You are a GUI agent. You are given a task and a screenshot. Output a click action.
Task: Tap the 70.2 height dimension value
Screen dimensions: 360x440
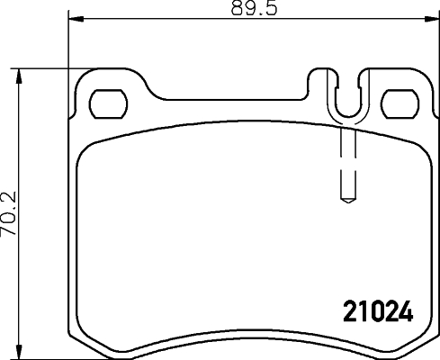click(9, 212)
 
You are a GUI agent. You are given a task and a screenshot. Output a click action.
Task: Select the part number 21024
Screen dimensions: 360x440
click(379, 313)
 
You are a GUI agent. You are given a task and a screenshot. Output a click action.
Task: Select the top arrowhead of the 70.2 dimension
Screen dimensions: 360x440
click(20, 71)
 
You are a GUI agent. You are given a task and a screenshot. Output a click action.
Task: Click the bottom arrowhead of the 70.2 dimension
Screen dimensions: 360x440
click(20, 353)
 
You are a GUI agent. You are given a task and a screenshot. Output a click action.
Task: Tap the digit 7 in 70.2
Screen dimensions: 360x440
click(9, 230)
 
